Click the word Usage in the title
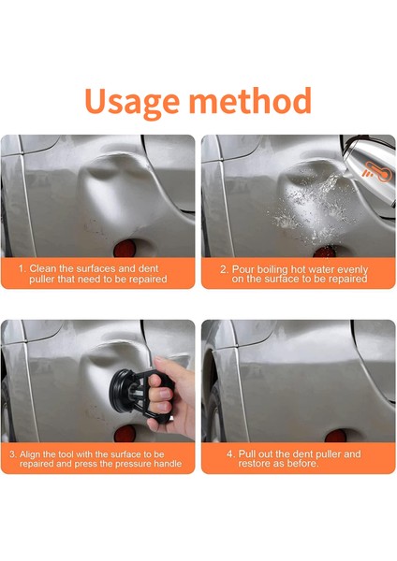(x=132, y=102)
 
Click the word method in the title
(x=250, y=100)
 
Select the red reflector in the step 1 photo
(x=125, y=249)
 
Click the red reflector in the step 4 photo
(x=335, y=436)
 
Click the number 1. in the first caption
(x=22, y=268)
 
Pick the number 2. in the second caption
(x=224, y=269)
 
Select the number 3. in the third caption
(x=13, y=454)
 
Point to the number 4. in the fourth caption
(x=230, y=454)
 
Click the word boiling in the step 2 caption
(x=273, y=270)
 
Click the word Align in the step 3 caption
(x=30, y=454)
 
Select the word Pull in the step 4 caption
(x=247, y=454)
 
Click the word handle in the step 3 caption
(x=168, y=464)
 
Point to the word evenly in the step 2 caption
(x=353, y=270)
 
